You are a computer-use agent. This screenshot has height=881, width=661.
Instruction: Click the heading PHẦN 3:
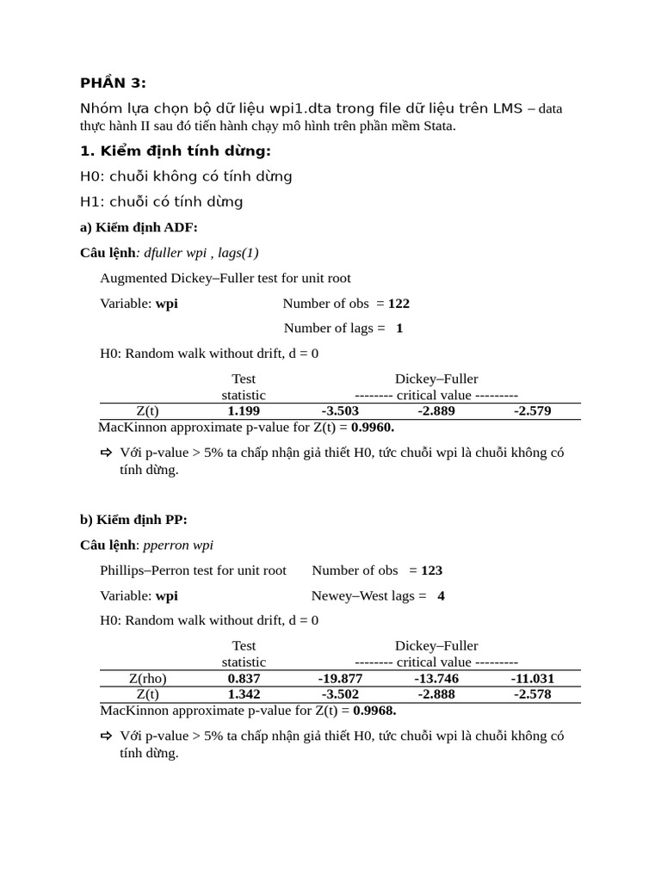coord(113,83)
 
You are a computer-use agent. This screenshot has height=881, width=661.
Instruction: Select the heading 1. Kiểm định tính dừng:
coord(175,151)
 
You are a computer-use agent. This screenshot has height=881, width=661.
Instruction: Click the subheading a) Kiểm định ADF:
coord(139,227)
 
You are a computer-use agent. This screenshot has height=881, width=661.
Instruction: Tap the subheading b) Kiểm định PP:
coord(133,519)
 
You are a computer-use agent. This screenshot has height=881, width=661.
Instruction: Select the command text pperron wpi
coord(178,545)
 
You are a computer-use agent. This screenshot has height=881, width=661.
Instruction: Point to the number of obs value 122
coord(398,303)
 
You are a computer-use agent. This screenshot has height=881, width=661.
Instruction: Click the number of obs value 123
coord(431,570)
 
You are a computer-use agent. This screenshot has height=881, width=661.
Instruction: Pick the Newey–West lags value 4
coord(441,595)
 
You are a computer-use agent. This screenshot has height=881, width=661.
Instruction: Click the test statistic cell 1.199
coord(244,411)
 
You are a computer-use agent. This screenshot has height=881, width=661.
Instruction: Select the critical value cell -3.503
coord(340,411)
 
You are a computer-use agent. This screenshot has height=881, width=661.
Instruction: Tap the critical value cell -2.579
coord(532,411)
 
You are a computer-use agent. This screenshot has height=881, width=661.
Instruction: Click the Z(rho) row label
coord(147,678)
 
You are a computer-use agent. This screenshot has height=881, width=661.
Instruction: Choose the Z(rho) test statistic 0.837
coord(244,678)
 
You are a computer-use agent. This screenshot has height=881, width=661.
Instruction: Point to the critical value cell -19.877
coord(340,678)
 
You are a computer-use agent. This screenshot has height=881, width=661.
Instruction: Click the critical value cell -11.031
coord(532,678)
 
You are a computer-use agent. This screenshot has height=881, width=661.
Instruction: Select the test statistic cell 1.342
coord(244,694)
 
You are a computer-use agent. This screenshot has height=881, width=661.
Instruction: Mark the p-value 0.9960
coord(373,427)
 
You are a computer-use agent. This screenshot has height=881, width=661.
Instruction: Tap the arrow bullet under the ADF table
coord(107,453)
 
